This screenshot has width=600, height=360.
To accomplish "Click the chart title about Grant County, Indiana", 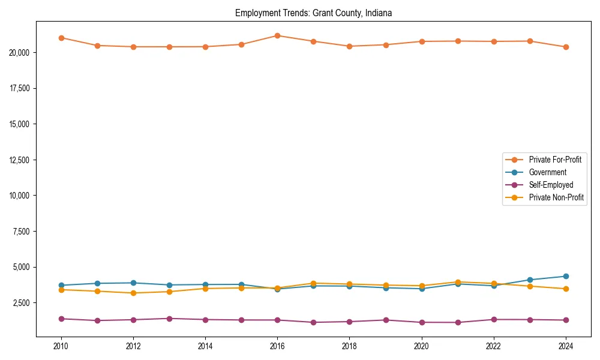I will tap(313, 13).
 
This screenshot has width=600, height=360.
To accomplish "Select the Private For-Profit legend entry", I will tap(554, 160).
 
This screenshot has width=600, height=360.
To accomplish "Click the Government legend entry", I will tap(547, 172).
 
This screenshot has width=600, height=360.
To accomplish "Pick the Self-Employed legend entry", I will tap(551, 185).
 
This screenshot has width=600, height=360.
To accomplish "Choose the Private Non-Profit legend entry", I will tap(556, 197).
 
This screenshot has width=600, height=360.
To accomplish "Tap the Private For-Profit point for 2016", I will tap(277, 35).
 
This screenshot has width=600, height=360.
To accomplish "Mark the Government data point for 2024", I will tap(566, 277).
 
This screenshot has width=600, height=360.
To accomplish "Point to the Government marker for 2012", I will tap(133, 283).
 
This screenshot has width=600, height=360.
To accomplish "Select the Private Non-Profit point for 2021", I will tap(458, 282).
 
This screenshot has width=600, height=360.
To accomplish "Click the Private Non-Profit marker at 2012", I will tap(133, 293).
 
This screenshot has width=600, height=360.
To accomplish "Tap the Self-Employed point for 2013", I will tap(169, 319).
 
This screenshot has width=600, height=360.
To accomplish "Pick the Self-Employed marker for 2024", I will tap(566, 320).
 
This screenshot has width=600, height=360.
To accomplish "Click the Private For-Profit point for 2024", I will tap(566, 47).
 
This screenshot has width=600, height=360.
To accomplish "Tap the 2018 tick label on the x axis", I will tap(349, 346).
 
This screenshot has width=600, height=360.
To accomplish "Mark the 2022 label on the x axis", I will tap(494, 346).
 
